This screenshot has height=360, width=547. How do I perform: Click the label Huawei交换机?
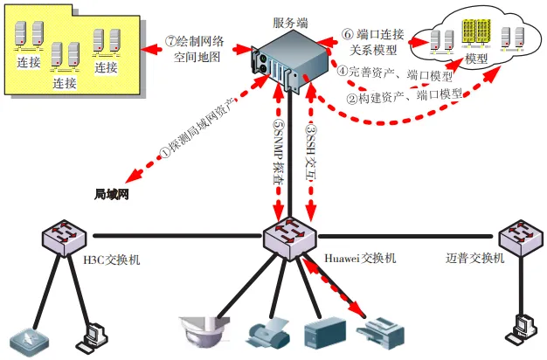click(360, 259)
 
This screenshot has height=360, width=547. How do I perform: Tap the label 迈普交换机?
click(474, 259)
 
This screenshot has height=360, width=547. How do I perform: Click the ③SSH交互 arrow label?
click(310, 149)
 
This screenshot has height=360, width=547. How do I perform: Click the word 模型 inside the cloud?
click(476, 59)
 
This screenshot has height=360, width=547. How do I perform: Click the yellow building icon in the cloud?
click(479, 35)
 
